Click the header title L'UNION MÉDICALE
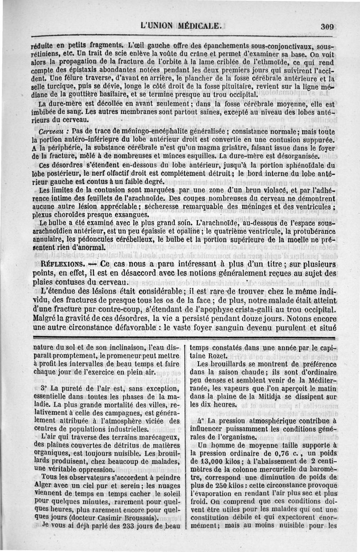tap(182, 26)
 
